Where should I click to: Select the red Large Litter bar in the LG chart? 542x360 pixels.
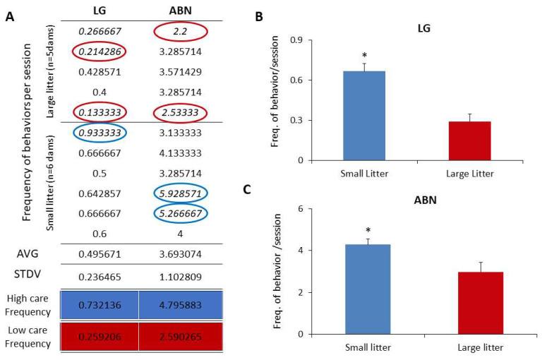coord(470,140)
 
